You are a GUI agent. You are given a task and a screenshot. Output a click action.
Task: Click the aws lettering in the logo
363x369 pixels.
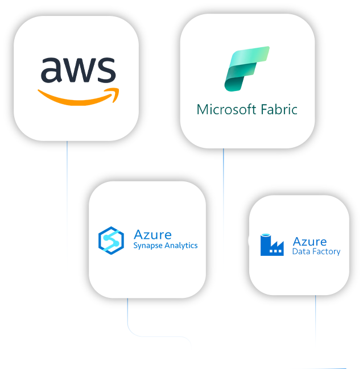pos(78,69)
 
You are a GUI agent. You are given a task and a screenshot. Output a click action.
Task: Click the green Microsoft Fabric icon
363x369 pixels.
pos(246,69)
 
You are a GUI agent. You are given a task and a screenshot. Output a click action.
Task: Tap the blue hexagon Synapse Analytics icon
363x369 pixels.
pos(110,239)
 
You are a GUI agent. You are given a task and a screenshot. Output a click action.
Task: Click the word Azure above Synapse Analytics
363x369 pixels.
pos(152,234)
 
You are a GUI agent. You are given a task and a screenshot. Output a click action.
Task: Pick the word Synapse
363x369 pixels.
pos(147,246)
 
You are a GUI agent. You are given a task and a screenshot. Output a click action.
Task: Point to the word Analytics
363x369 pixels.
pos(181,246)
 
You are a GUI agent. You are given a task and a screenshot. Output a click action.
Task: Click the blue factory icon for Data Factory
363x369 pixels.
pos(272,244)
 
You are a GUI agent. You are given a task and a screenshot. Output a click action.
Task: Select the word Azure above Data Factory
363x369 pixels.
pos(310,242)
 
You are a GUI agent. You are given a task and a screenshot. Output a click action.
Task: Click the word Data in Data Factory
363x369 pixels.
pos(300,251)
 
